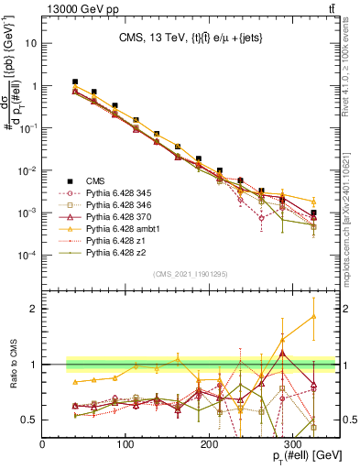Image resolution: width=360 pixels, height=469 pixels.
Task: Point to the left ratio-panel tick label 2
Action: coord(33,309)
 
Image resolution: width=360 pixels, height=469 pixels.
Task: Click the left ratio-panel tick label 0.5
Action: coord(29,420)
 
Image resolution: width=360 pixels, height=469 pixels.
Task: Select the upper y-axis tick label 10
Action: coord(30,44)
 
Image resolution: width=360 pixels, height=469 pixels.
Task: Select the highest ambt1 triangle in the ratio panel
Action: coord(313,317)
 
